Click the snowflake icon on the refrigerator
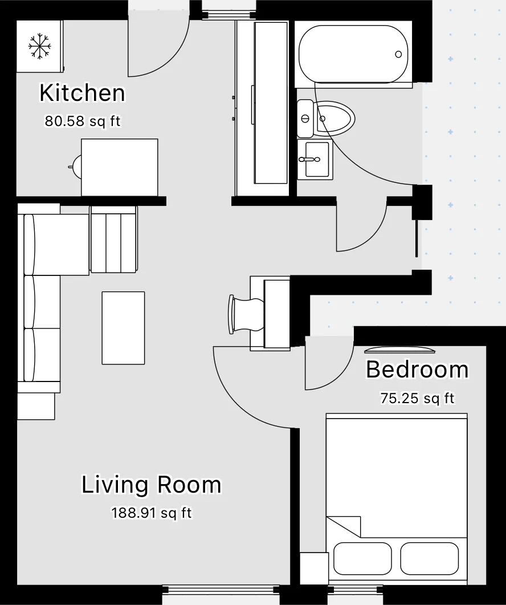click(39, 47)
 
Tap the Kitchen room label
click(83, 93)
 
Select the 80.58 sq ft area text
click(83, 121)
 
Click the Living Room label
click(151, 485)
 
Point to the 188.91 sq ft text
click(152, 513)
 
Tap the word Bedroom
click(417, 370)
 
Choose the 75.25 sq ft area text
click(417, 398)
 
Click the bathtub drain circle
click(398, 54)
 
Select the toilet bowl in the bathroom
click(335, 117)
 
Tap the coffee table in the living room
click(124, 328)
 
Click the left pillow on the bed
click(362, 558)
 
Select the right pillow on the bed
click(430, 558)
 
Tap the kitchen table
click(120, 168)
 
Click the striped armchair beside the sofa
click(114, 239)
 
